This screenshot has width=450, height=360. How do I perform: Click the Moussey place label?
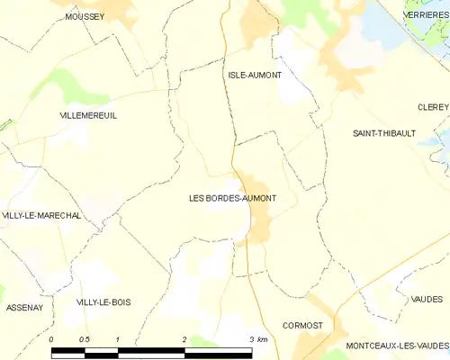coord(85,16)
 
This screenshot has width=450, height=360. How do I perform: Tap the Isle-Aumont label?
coord(255,75)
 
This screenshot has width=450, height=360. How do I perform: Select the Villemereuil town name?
coord(88,116)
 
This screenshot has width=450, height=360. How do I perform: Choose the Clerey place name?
coord(432,106)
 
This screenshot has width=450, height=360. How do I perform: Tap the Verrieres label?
coord(427,15)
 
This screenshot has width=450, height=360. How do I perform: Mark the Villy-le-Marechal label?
coord(41,216)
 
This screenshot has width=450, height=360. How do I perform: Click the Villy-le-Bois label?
coord(103,302)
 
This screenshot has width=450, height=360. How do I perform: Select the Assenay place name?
coord(24,308)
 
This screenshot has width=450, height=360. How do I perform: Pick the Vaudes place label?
coord(427,299)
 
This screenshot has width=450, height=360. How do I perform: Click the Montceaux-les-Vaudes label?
coord(396,346)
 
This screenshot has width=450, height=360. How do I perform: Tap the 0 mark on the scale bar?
coord(52,339)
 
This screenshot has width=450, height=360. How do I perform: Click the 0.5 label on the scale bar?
coord(84,339)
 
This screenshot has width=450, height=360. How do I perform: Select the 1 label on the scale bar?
coord(118,339)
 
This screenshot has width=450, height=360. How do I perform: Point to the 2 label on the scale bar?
coord(184,339)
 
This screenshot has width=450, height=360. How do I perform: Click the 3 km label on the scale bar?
coord(256,339)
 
